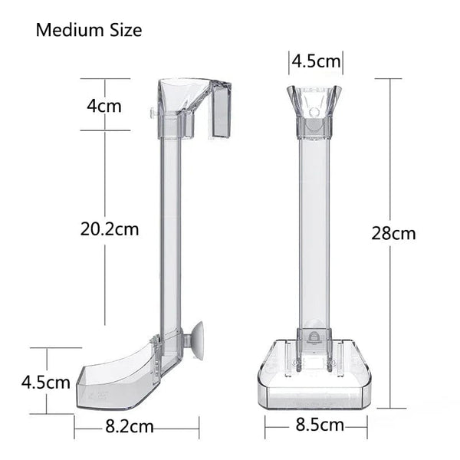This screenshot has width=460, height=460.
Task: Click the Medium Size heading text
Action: pos(89,31)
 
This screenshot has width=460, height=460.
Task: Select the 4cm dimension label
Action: pos(103,105)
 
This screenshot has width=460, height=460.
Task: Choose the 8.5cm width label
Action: pos(318,424)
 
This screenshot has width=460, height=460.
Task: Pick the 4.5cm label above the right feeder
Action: pos(315,60)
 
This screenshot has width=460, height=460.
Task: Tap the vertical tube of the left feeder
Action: pos(171,230)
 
